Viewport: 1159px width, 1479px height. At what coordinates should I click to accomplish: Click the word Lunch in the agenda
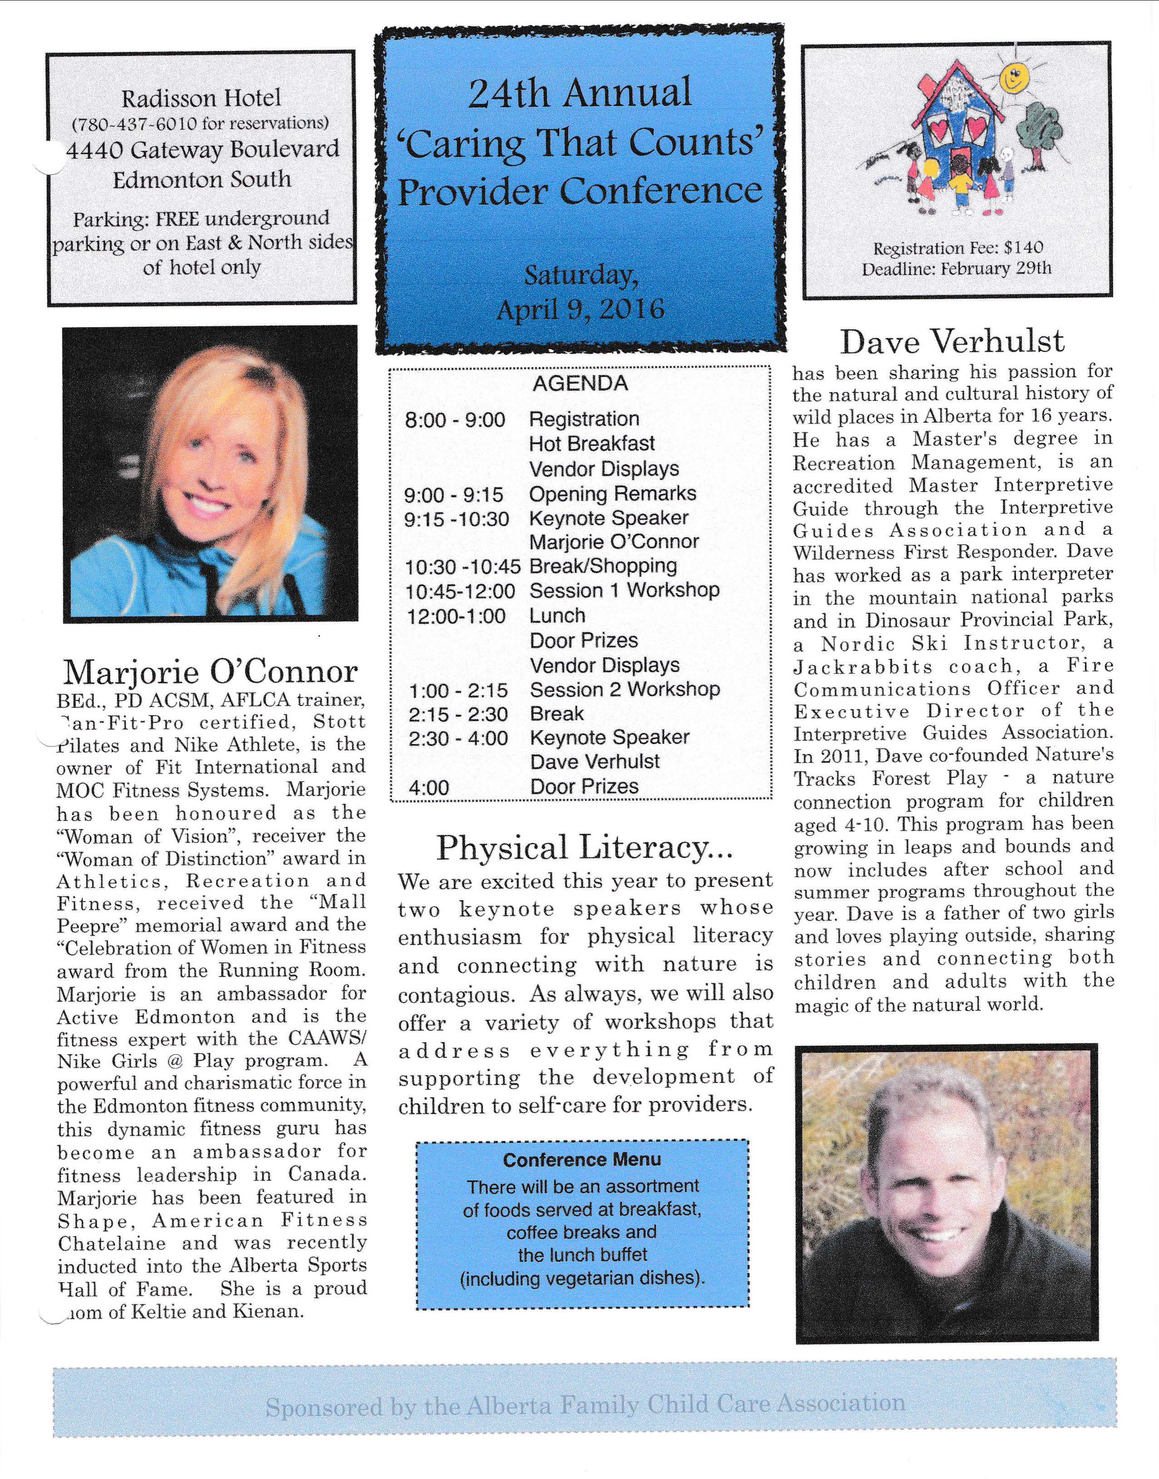click(x=557, y=616)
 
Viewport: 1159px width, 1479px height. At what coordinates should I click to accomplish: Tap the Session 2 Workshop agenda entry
click(x=624, y=690)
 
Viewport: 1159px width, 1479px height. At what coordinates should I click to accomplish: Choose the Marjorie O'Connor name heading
click(x=210, y=672)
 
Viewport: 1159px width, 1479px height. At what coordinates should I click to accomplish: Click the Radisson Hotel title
click(x=201, y=99)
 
